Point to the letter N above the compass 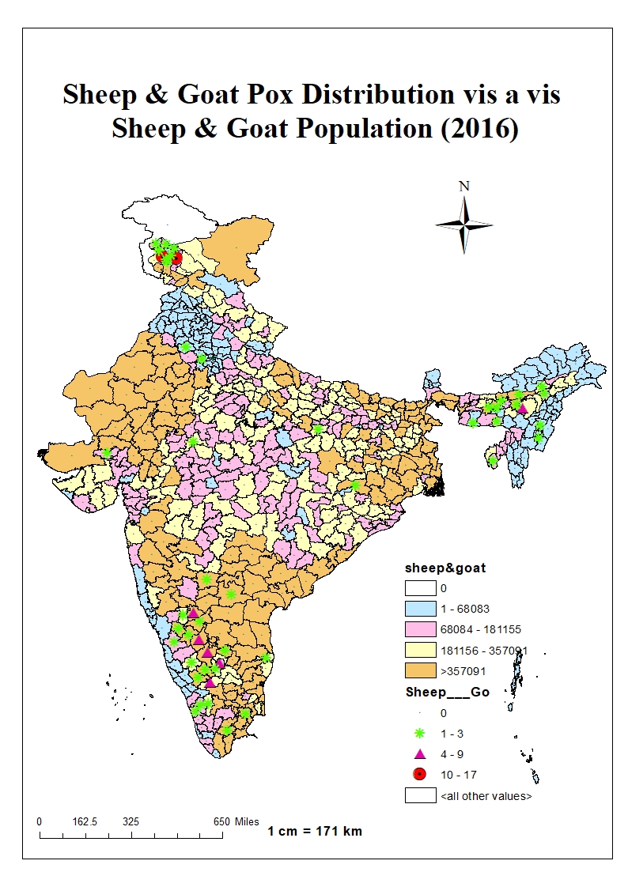464,187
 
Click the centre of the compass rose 464,225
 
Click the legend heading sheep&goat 434,568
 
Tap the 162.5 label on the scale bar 85,821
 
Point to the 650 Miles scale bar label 236,821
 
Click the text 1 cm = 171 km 315,831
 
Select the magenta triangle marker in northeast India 522,408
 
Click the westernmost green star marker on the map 106,453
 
